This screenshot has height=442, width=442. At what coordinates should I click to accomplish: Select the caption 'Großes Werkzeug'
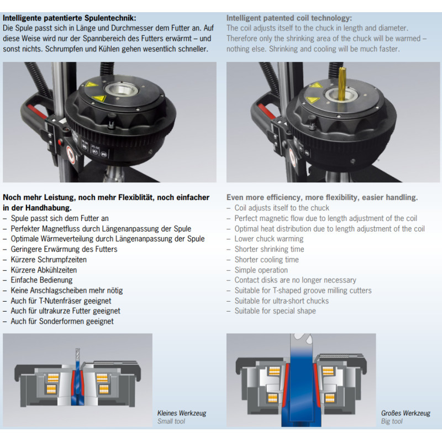(x=406, y=413)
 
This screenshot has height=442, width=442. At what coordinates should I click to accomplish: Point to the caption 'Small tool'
(x=171, y=422)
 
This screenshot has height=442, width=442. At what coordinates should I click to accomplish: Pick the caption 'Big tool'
(x=392, y=422)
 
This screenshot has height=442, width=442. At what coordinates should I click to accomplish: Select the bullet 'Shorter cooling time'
(x=266, y=260)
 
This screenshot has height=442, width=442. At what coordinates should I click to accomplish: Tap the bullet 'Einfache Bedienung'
(x=41, y=280)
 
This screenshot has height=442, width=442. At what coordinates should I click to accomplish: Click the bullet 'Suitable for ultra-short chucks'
(x=281, y=301)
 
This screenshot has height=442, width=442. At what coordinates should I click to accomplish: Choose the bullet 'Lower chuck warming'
(x=269, y=239)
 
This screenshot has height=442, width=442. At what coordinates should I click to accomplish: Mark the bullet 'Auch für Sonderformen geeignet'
(x=62, y=321)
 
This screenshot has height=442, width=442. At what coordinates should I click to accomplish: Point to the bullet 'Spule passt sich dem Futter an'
(x=60, y=218)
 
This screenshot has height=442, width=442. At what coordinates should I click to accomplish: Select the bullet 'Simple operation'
(x=261, y=270)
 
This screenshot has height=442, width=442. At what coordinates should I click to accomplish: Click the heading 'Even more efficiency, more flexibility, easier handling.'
(x=322, y=197)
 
